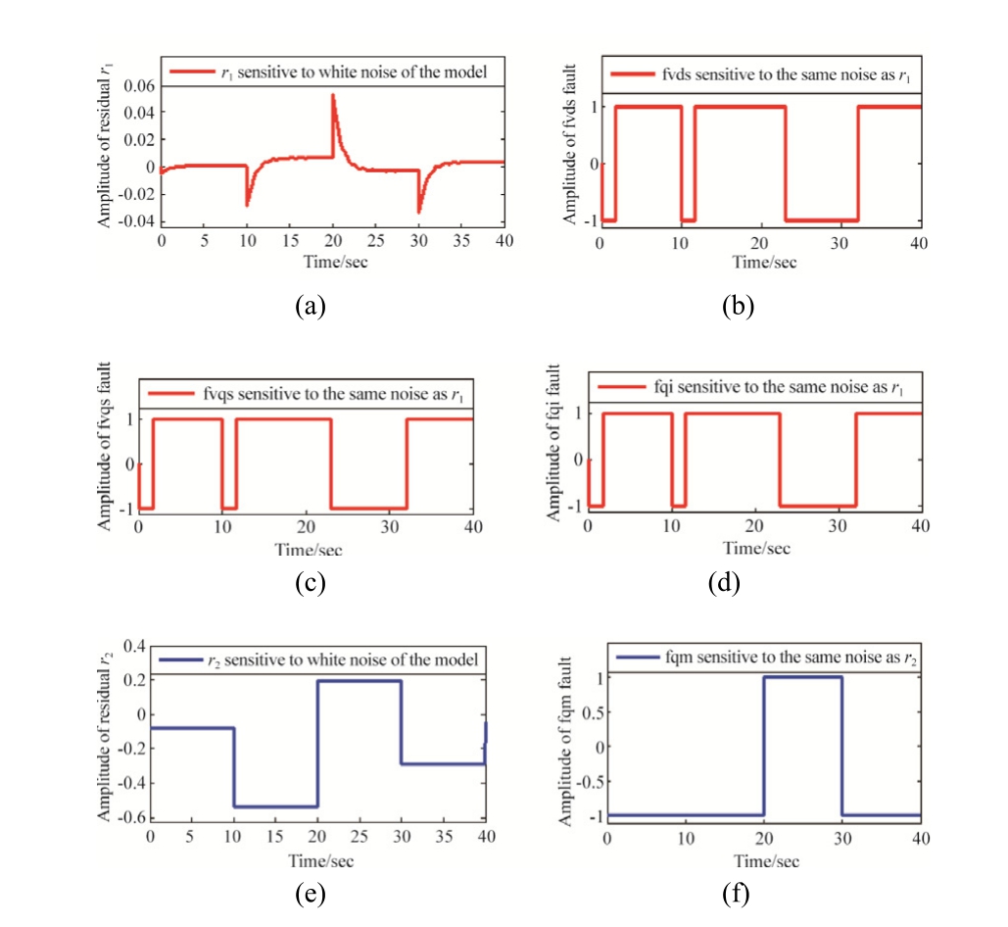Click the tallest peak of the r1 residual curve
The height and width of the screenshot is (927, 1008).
coord(333,95)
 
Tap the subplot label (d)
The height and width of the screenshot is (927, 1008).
coord(724,584)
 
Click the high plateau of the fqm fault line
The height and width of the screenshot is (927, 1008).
coord(802,676)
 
